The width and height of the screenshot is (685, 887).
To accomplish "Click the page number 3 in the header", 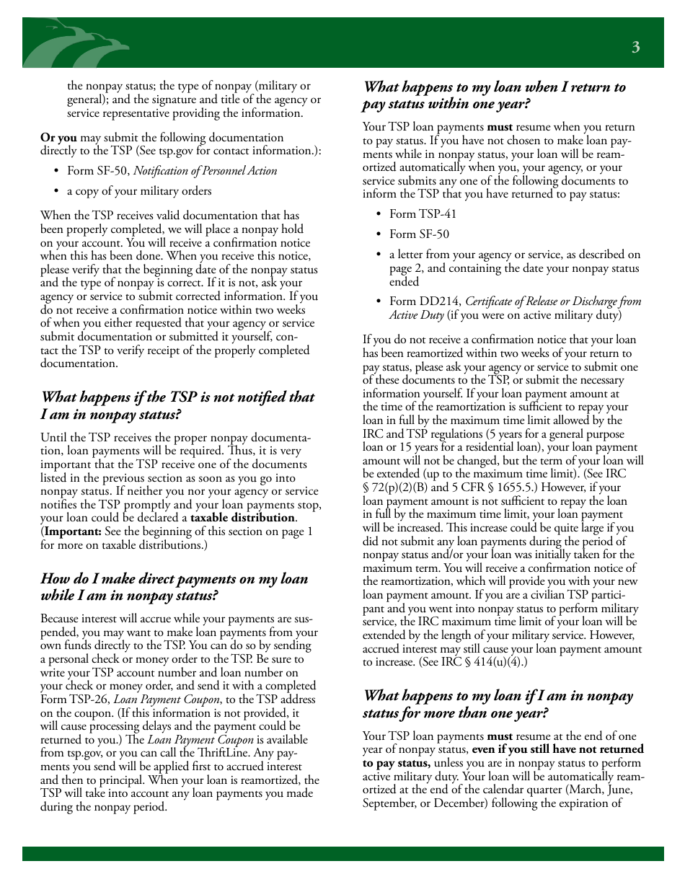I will point(635,48).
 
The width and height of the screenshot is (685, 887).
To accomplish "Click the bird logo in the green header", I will point(76,45).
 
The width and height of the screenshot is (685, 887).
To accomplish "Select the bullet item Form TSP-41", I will point(423,213).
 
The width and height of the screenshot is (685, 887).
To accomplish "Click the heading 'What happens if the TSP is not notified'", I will point(177,397).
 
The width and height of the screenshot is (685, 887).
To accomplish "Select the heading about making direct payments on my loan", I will point(174,587).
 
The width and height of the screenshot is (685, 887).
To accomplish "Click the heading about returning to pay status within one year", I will point(494,95).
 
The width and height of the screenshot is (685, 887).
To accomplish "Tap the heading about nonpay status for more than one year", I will point(498,704).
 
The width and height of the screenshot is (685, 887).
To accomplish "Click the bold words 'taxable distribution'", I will point(242,518).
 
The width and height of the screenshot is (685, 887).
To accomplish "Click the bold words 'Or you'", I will point(58,138).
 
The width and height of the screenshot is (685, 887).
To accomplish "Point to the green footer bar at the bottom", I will point(342,853).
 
